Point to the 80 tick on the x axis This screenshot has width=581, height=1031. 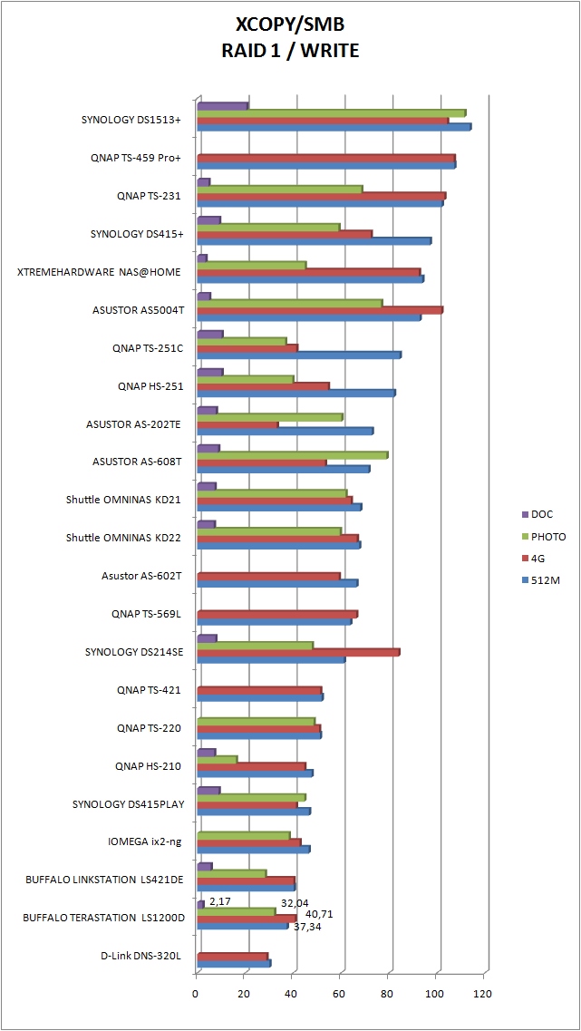(388, 993)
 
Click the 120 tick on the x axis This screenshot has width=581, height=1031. (483, 993)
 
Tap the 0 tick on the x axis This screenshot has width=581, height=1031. (197, 993)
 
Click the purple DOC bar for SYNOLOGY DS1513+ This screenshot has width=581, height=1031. (223, 106)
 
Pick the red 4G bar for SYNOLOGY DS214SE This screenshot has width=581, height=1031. (298, 652)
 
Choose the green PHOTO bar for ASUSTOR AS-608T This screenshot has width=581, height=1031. (293, 455)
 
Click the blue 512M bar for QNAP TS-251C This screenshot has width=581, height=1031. (299, 355)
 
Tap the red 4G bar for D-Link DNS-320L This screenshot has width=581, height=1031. (233, 957)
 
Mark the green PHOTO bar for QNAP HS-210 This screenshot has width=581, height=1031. (218, 759)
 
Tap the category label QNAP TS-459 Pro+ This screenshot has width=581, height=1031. (136, 158)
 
